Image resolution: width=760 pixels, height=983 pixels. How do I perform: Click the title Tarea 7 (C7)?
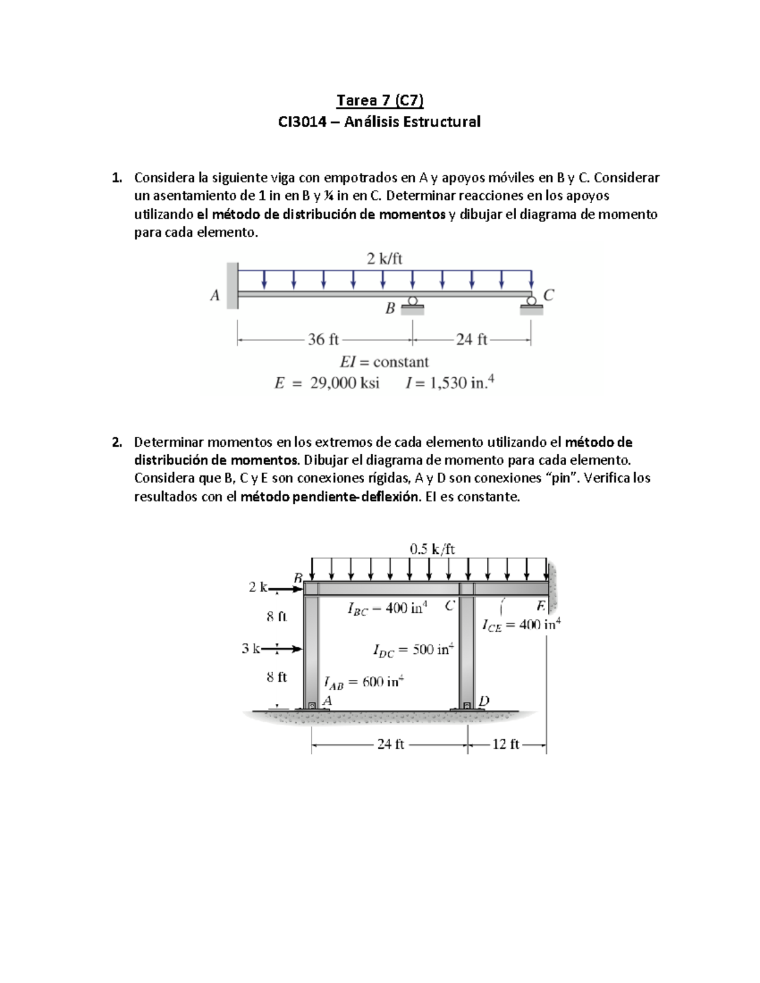pos(379,100)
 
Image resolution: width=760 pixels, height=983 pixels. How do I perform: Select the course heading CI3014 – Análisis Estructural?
pos(379,122)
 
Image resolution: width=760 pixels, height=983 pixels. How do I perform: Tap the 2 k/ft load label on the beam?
pos(384,258)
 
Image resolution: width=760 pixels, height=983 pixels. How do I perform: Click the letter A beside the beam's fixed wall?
pos(215,296)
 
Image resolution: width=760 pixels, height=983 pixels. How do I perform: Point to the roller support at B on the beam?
pos(412,306)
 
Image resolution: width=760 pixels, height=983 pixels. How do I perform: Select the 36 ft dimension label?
pos(324,340)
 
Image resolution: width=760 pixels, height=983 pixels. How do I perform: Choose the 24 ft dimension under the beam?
pos(472,340)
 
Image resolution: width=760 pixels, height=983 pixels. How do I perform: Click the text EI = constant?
pos(384,362)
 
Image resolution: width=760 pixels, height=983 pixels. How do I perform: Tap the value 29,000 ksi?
pos(345,383)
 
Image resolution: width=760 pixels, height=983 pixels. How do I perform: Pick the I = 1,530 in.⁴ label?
pos(450,382)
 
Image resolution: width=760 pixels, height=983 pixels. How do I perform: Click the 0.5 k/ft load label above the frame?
pos(432,549)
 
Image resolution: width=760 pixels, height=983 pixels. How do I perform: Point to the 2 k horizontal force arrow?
pos(286,589)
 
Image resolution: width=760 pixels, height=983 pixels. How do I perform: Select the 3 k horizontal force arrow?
pos(281,649)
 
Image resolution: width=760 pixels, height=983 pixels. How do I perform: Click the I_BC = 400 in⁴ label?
pos(387,608)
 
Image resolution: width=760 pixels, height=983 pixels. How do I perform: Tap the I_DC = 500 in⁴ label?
pos(413,649)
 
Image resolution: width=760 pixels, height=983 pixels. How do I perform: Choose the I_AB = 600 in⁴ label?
pos(364,682)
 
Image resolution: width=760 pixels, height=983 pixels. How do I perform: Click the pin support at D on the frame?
pos(467,705)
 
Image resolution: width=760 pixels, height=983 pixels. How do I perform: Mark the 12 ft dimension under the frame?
pos(505,744)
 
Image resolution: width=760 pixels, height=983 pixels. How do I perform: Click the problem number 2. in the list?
pos(117,442)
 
